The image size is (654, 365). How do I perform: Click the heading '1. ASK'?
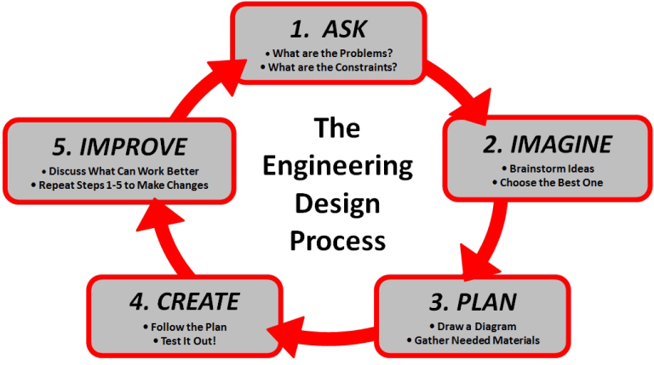coord(328,29)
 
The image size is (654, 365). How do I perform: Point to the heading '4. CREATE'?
coord(186,301)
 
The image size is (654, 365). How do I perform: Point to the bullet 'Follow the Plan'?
coord(186,326)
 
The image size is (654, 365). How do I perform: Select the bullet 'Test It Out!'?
coord(186,341)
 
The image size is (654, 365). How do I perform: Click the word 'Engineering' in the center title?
coord(337,167)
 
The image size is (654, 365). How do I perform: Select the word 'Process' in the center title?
coord(337,240)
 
